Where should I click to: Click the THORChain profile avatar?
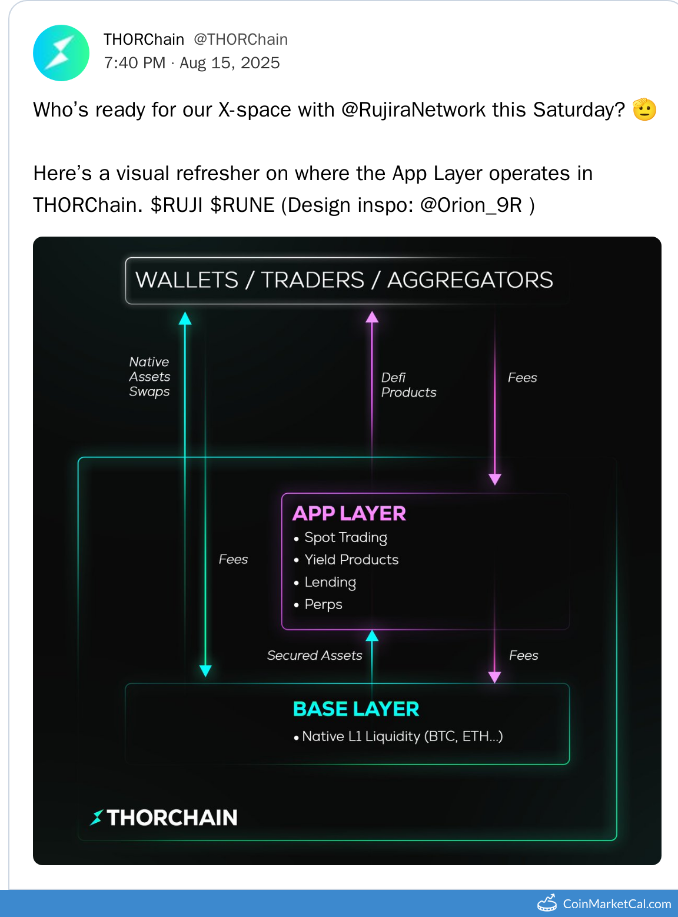point(61,53)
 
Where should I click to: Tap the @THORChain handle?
point(241,39)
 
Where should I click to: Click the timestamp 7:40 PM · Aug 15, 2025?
point(192,63)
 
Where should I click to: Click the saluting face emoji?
point(644,109)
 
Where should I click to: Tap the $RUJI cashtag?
point(177,205)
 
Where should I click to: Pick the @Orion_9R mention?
point(471,205)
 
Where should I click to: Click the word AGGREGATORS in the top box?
point(470,280)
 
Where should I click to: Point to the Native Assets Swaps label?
point(149,377)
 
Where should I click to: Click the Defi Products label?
point(408,385)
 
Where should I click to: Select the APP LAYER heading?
point(350,513)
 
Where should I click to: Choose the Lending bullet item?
point(325,582)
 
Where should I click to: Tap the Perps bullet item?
point(318,604)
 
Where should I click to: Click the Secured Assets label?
point(315,655)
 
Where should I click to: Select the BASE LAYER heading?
point(356,709)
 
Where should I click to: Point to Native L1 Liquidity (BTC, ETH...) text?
point(398,736)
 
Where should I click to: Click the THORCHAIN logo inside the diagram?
point(164,818)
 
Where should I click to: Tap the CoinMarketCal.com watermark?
point(604,904)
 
